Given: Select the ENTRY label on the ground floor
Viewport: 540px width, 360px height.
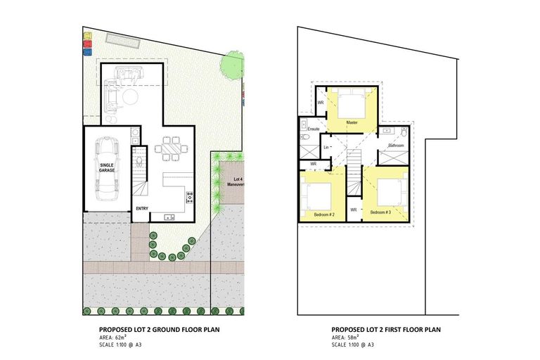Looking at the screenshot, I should pos(143,208).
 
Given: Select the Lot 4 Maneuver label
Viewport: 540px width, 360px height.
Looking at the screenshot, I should pos(234,182).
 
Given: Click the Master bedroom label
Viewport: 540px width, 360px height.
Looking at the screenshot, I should pos(354,122).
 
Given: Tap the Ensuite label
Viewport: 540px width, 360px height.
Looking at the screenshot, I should pos(314,129).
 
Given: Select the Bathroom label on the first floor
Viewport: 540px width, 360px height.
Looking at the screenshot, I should pos(396,145).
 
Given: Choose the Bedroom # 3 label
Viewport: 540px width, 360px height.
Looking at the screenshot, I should pos(380,212).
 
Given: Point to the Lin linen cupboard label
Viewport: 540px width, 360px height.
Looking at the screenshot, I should pos(326,147).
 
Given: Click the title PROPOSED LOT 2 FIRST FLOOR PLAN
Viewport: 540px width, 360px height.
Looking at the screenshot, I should pos(386,329).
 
